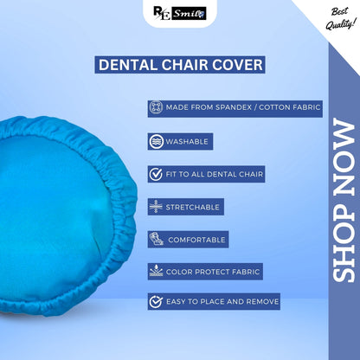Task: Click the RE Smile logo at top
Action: [180, 15]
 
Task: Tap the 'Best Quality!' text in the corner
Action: [337, 18]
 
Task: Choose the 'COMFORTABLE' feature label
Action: [196, 239]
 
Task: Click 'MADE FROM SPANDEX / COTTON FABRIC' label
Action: [244, 108]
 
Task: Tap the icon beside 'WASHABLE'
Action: [156, 141]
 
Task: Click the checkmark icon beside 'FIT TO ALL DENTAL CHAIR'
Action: [156, 174]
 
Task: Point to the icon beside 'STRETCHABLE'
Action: [156, 207]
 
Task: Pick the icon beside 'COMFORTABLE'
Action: [156, 239]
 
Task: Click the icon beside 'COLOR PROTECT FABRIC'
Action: [156, 271]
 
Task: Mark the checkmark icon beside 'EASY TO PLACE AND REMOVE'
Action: [156, 302]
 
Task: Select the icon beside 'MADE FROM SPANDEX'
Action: [156, 108]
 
